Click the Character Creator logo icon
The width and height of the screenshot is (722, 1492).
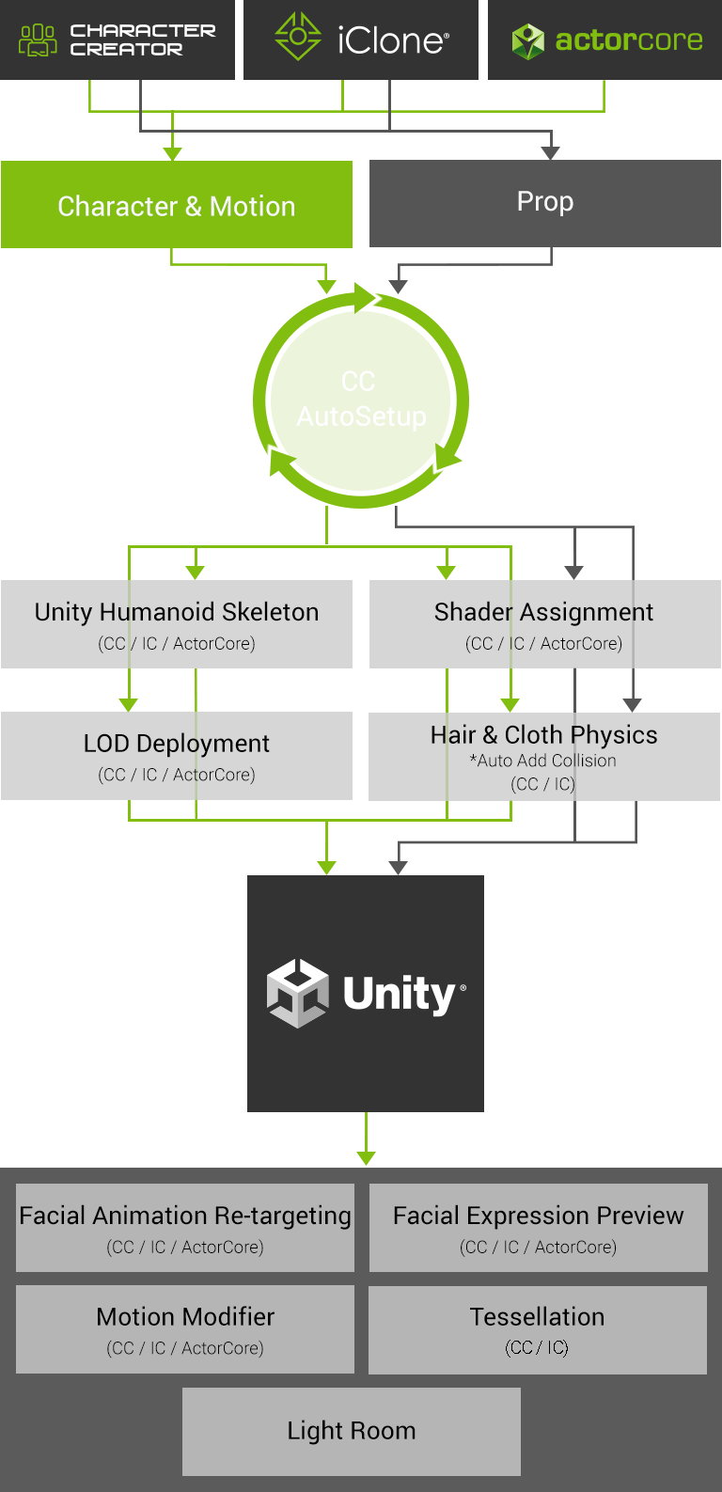38,40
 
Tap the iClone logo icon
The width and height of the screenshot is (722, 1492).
298,38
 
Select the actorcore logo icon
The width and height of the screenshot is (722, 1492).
527,40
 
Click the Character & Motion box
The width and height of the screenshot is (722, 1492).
177,206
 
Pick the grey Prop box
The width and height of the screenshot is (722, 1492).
545,202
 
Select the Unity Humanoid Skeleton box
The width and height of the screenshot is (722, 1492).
177,624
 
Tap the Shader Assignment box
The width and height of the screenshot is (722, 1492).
543,624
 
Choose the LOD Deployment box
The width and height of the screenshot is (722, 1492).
177,756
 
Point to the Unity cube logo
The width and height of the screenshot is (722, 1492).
298,993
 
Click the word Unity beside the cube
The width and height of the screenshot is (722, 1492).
400,994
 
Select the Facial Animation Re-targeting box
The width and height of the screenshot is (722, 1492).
185,1227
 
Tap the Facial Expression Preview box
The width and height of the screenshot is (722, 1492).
538,1227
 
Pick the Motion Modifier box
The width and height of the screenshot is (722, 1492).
185,1328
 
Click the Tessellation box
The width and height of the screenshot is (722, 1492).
538,1328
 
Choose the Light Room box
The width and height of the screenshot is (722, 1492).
352,1431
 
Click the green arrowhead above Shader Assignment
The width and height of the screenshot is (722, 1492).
447,572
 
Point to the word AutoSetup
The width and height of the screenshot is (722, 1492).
362,416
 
